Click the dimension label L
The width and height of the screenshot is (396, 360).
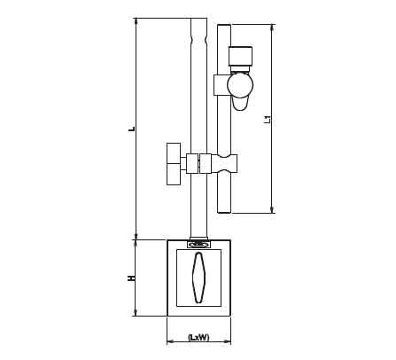coord(134,129)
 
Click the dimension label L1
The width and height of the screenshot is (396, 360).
coord(268,119)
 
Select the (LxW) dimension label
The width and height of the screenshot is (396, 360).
coord(198,337)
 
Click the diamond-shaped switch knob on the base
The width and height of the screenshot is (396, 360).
coord(198,278)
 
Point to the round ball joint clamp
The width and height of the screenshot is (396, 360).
coord(240,85)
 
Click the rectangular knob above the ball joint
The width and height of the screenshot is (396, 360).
coord(240,56)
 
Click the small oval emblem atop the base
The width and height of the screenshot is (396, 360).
coord(198,245)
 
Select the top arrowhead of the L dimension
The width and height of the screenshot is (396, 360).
coord(136,21)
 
